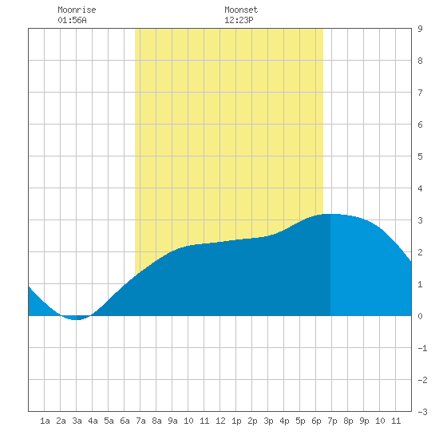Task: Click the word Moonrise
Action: (77, 10)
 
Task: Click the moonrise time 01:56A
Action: (72, 20)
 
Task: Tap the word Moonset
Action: (241, 10)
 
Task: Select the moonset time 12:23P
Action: (239, 20)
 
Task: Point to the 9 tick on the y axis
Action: (420, 29)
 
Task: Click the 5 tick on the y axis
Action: (420, 156)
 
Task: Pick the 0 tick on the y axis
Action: (420, 316)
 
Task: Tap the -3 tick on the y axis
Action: (422, 412)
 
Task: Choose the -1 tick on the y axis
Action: (422, 348)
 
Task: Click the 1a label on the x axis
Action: (45, 421)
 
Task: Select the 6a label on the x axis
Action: (125, 421)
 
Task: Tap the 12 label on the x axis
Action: (220, 421)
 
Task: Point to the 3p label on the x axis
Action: (268, 421)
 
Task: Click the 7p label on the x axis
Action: (332, 421)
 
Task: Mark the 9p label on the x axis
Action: (364, 421)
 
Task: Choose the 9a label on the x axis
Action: (172, 421)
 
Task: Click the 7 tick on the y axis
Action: (420, 93)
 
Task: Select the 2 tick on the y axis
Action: (420, 252)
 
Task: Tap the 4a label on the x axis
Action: (93, 421)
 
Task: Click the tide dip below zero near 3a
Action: (76, 318)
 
